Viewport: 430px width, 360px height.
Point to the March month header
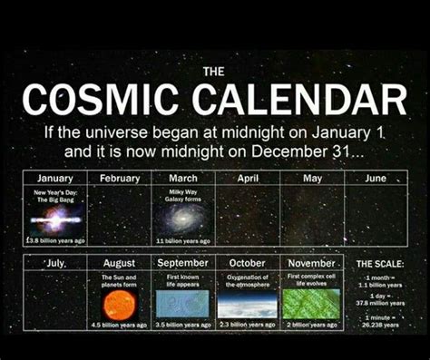183,179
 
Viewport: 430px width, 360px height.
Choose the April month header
248,179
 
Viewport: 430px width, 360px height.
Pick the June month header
376,179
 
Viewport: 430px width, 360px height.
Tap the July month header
55,263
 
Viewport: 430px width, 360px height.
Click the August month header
119,263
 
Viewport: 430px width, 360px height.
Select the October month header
247,263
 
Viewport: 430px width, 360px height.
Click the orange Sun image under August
119,304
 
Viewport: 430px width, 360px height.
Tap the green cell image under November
311,303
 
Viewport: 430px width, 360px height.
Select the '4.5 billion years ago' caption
119,324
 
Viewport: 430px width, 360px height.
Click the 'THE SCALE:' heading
376,264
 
